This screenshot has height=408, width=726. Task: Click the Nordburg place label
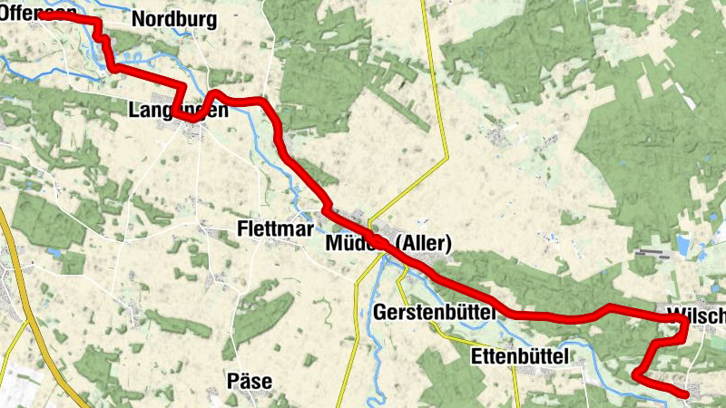[174, 19]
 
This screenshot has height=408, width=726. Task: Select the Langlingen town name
[178, 111]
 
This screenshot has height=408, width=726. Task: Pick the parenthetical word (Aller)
[423, 243]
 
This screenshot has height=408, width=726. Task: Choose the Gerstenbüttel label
[434, 312]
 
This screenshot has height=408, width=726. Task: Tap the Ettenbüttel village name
[520, 357]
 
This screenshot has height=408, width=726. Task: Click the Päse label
[250, 381]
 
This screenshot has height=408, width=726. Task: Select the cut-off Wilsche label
[696, 316]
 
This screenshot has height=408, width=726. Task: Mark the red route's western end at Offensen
[42, 16]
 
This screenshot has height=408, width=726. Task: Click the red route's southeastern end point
[686, 394]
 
